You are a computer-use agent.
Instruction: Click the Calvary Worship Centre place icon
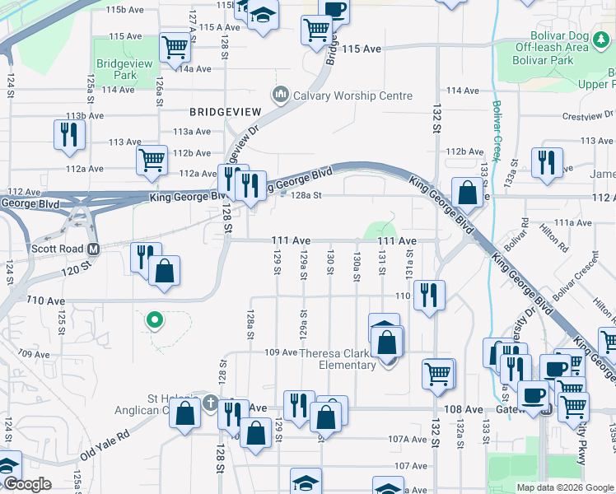click(x=282, y=96)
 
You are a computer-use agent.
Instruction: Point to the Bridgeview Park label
click(x=115, y=69)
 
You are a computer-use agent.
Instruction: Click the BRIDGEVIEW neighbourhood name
click(x=225, y=111)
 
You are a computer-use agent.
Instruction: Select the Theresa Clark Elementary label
click(x=338, y=359)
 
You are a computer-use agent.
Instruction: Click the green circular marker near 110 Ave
click(x=153, y=320)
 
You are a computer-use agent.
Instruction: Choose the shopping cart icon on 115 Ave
click(x=317, y=31)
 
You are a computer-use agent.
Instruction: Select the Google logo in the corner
click(x=26, y=484)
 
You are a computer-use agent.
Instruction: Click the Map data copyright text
click(x=565, y=487)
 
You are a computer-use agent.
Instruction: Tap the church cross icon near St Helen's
click(x=211, y=403)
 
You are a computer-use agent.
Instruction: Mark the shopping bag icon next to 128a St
click(x=467, y=193)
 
